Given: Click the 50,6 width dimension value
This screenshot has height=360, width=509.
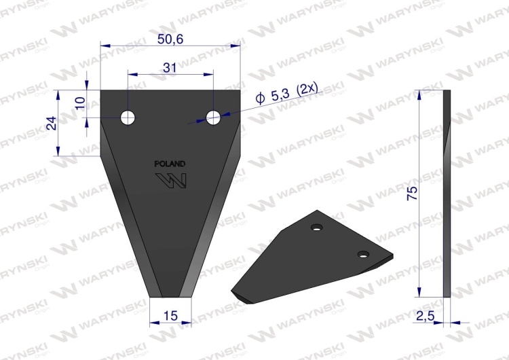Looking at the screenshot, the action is point(170,39).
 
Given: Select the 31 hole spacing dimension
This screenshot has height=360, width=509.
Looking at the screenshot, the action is point(170,68).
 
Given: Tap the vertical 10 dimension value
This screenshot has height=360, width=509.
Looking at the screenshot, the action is point(80,103).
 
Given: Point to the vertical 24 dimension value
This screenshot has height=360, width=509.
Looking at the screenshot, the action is point(52,123).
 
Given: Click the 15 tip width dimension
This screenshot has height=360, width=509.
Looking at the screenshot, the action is point(170,315).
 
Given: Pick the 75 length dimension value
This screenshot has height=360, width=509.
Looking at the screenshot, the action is point(413,194).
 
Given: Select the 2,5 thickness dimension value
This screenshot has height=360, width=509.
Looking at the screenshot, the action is point(425,315).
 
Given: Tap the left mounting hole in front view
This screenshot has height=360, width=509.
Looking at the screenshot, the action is point(128,118).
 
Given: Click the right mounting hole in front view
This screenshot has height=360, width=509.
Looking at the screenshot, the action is point(213,118).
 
